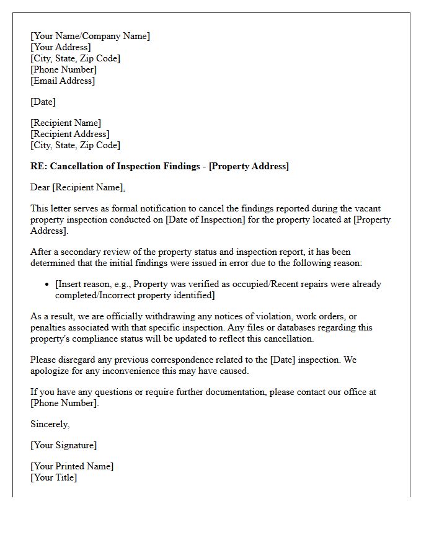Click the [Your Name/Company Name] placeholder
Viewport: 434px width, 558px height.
(x=90, y=36)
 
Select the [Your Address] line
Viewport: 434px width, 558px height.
(x=60, y=47)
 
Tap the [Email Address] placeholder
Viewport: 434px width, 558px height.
(x=63, y=81)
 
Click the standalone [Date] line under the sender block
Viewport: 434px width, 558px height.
(x=43, y=102)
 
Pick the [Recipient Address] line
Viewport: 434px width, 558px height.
(x=69, y=134)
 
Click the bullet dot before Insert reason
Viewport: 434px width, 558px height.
(x=48, y=285)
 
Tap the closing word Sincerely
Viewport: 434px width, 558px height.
(x=50, y=424)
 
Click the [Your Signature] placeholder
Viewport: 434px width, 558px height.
(x=63, y=445)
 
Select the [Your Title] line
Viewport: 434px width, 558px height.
(x=53, y=477)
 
